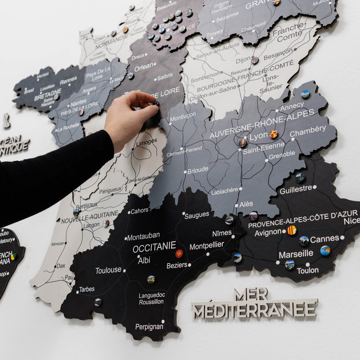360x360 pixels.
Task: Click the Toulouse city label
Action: pos(108,270)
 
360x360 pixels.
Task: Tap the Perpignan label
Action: pos(149,327)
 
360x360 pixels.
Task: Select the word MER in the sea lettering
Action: pos(251,295)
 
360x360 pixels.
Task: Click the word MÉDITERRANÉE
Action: pos(254,310)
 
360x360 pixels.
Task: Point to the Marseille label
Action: pos(296,254)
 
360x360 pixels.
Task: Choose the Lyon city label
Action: pos(259,136)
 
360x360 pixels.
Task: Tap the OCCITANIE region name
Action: pos(154,247)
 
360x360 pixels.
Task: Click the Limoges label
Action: pos(147,142)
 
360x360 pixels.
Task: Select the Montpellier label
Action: pos(207,246)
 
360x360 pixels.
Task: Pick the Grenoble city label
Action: pos(282,154)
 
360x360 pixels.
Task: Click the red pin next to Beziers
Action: pos(179,253)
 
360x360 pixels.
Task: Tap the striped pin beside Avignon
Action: pos(292,230)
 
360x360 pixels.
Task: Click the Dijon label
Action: pos(243,60)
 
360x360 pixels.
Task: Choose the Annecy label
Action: pos(292,107)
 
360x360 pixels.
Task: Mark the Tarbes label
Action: pos(87,289)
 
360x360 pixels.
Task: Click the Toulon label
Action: pos(308,270)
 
